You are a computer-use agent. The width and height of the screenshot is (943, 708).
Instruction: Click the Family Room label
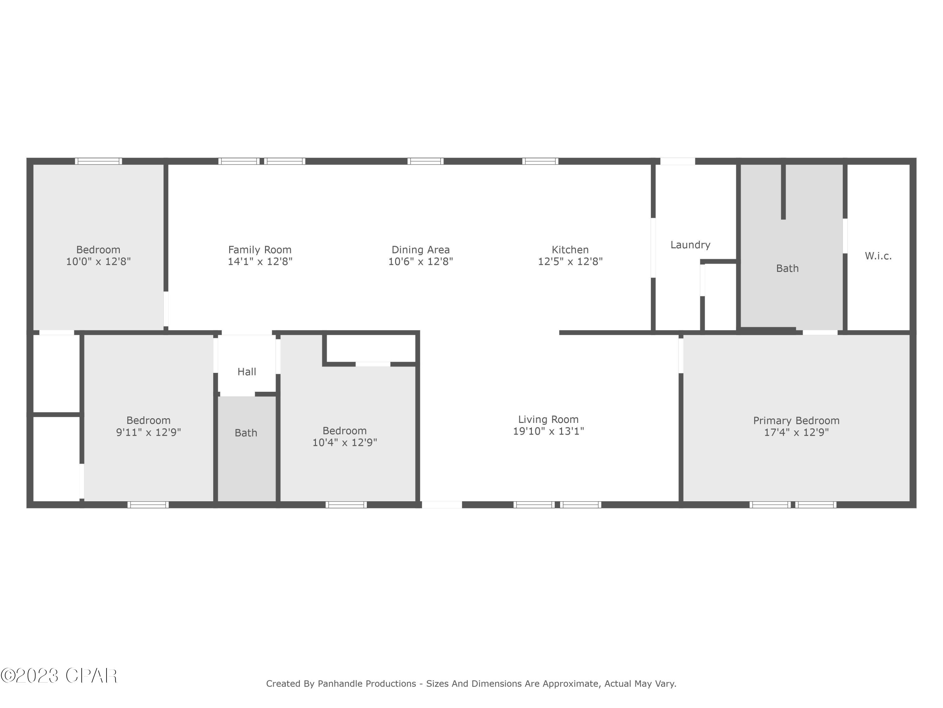(260, 250)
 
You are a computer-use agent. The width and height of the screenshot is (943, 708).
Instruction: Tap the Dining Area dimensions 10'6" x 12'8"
(420, 261)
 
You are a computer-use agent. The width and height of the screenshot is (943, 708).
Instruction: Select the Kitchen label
(570, 250)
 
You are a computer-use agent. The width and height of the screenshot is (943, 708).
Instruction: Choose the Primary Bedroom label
(796, 420)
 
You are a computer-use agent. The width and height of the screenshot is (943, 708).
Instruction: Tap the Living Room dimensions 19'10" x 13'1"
(548, 431)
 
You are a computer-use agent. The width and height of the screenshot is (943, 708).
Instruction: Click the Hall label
(246, 372)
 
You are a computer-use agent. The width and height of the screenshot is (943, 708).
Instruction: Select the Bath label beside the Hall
(246, 433)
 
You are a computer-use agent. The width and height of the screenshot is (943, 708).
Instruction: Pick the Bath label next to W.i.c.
(787, 268)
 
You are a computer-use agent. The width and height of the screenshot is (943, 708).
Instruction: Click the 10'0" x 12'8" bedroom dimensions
(98, 261)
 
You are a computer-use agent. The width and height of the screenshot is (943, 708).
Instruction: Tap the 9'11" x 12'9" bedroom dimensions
(148, 432)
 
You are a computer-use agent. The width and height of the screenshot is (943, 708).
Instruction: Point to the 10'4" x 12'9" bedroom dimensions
(345, 442)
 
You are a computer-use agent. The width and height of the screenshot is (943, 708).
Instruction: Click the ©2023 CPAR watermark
(59, 676)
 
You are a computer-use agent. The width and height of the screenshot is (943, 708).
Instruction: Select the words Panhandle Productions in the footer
(367, 684)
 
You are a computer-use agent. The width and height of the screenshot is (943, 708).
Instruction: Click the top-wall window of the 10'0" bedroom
(98, 161)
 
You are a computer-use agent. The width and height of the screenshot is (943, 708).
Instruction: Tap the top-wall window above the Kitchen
(540, 161)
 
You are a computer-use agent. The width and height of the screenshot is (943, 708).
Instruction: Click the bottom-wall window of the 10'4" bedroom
(346, 505)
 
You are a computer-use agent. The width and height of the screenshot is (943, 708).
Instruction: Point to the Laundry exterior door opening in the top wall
(677, 161)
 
